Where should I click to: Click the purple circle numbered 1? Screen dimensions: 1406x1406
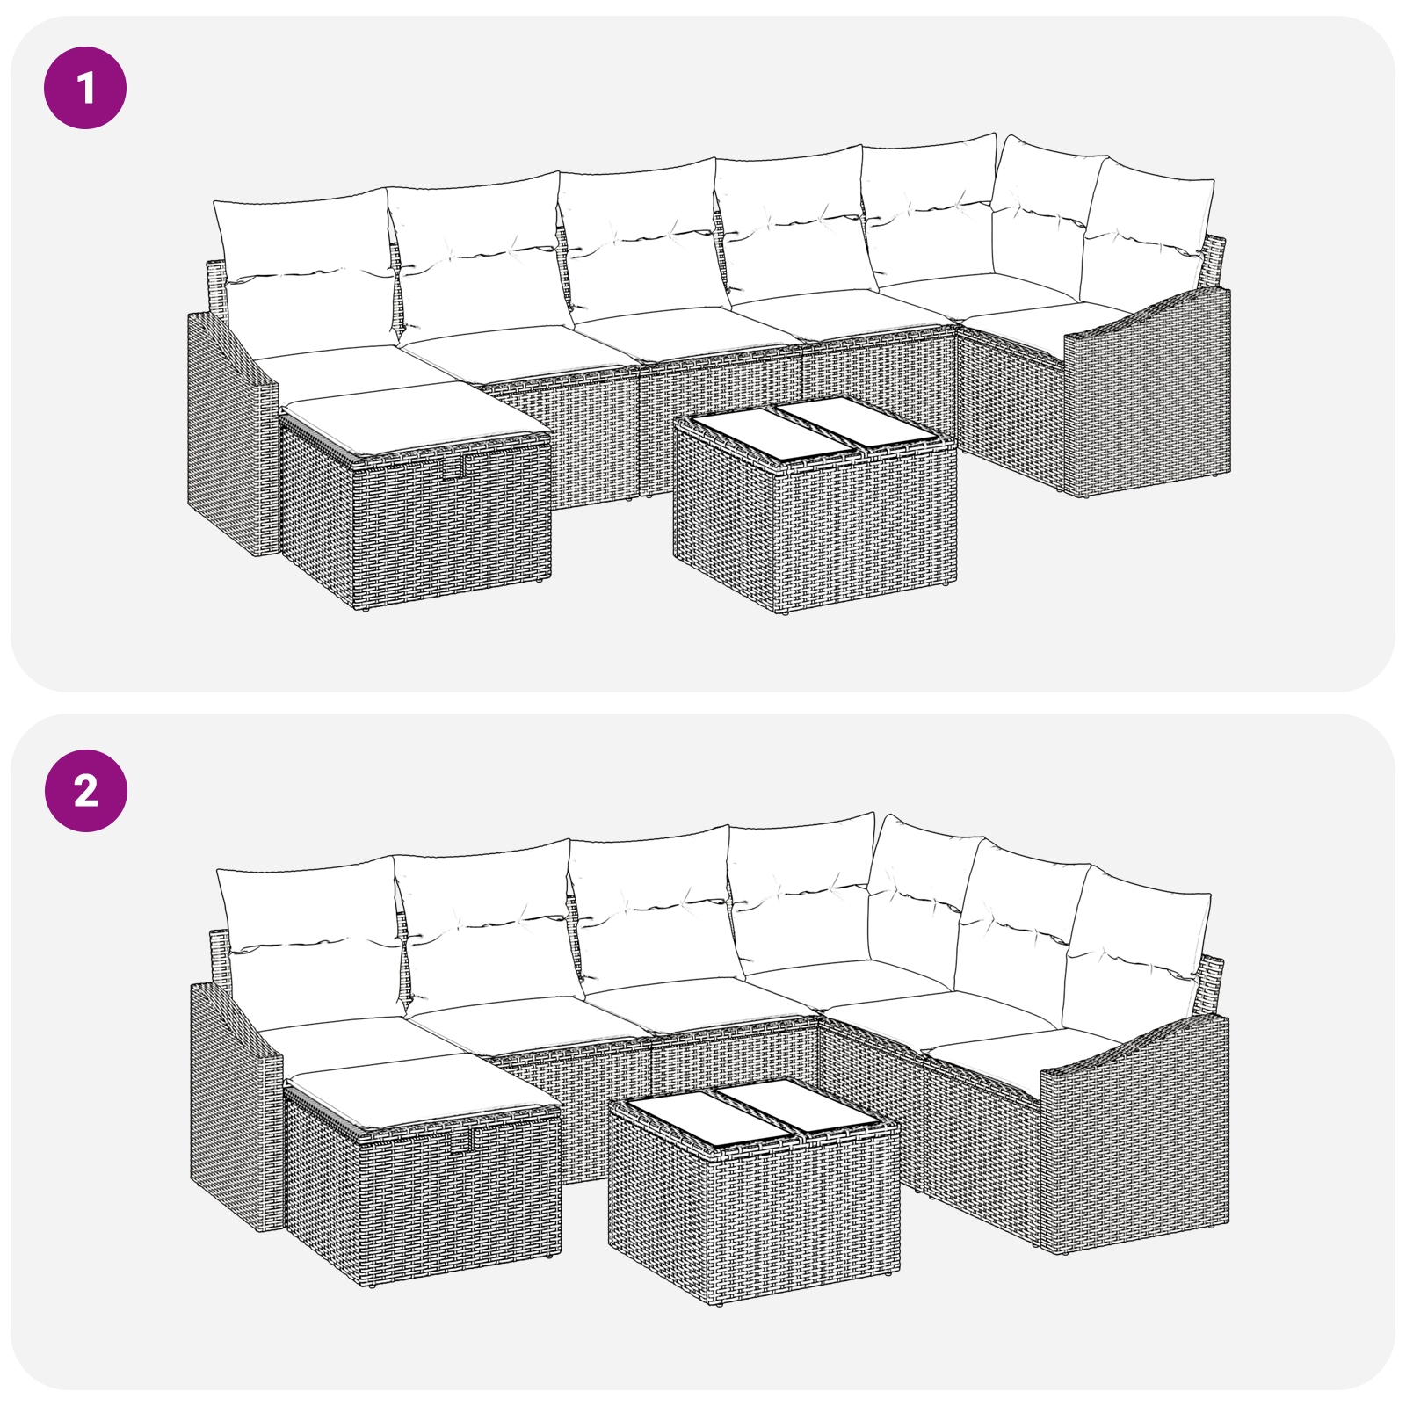(85, 88)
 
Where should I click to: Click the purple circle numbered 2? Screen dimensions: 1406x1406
(85, 791)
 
